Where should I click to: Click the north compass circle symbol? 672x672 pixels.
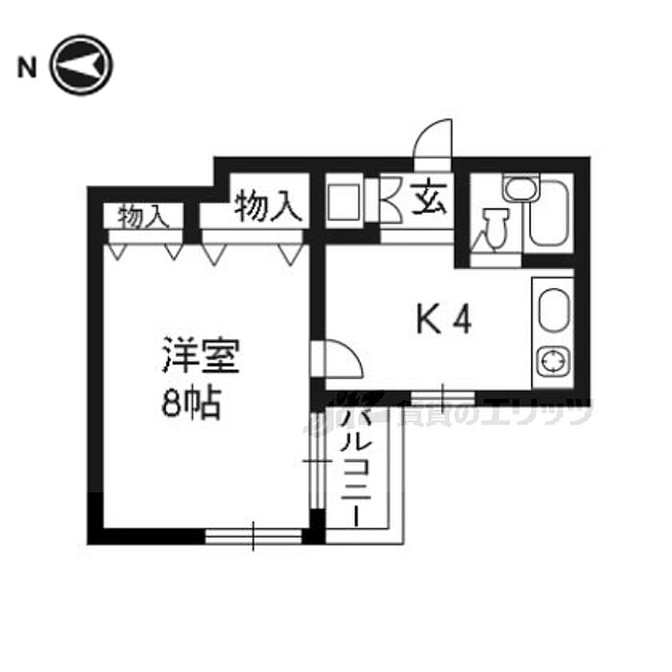[x=82, y=66]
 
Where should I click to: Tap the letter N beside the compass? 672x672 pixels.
[x=26, y=67]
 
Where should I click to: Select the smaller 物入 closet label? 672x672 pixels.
[x=143, y=216]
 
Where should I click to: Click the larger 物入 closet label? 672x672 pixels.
[x=269, y=204]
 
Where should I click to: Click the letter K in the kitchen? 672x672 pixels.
[x=424, y=321]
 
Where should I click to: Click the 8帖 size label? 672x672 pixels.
[x=190, y=404]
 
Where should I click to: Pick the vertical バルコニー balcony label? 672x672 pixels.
[x=352, y=466]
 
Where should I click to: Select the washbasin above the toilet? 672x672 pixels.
[x=521, y=188]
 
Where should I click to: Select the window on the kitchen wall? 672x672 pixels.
[x=443, y=396]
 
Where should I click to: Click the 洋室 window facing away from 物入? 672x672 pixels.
[x=254, y=535]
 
